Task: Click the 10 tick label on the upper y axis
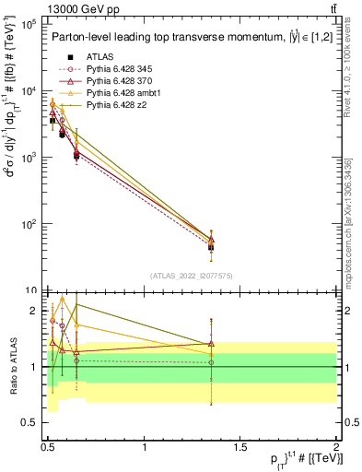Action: [30, 290]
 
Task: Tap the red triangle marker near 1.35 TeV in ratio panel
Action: [211, 344]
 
